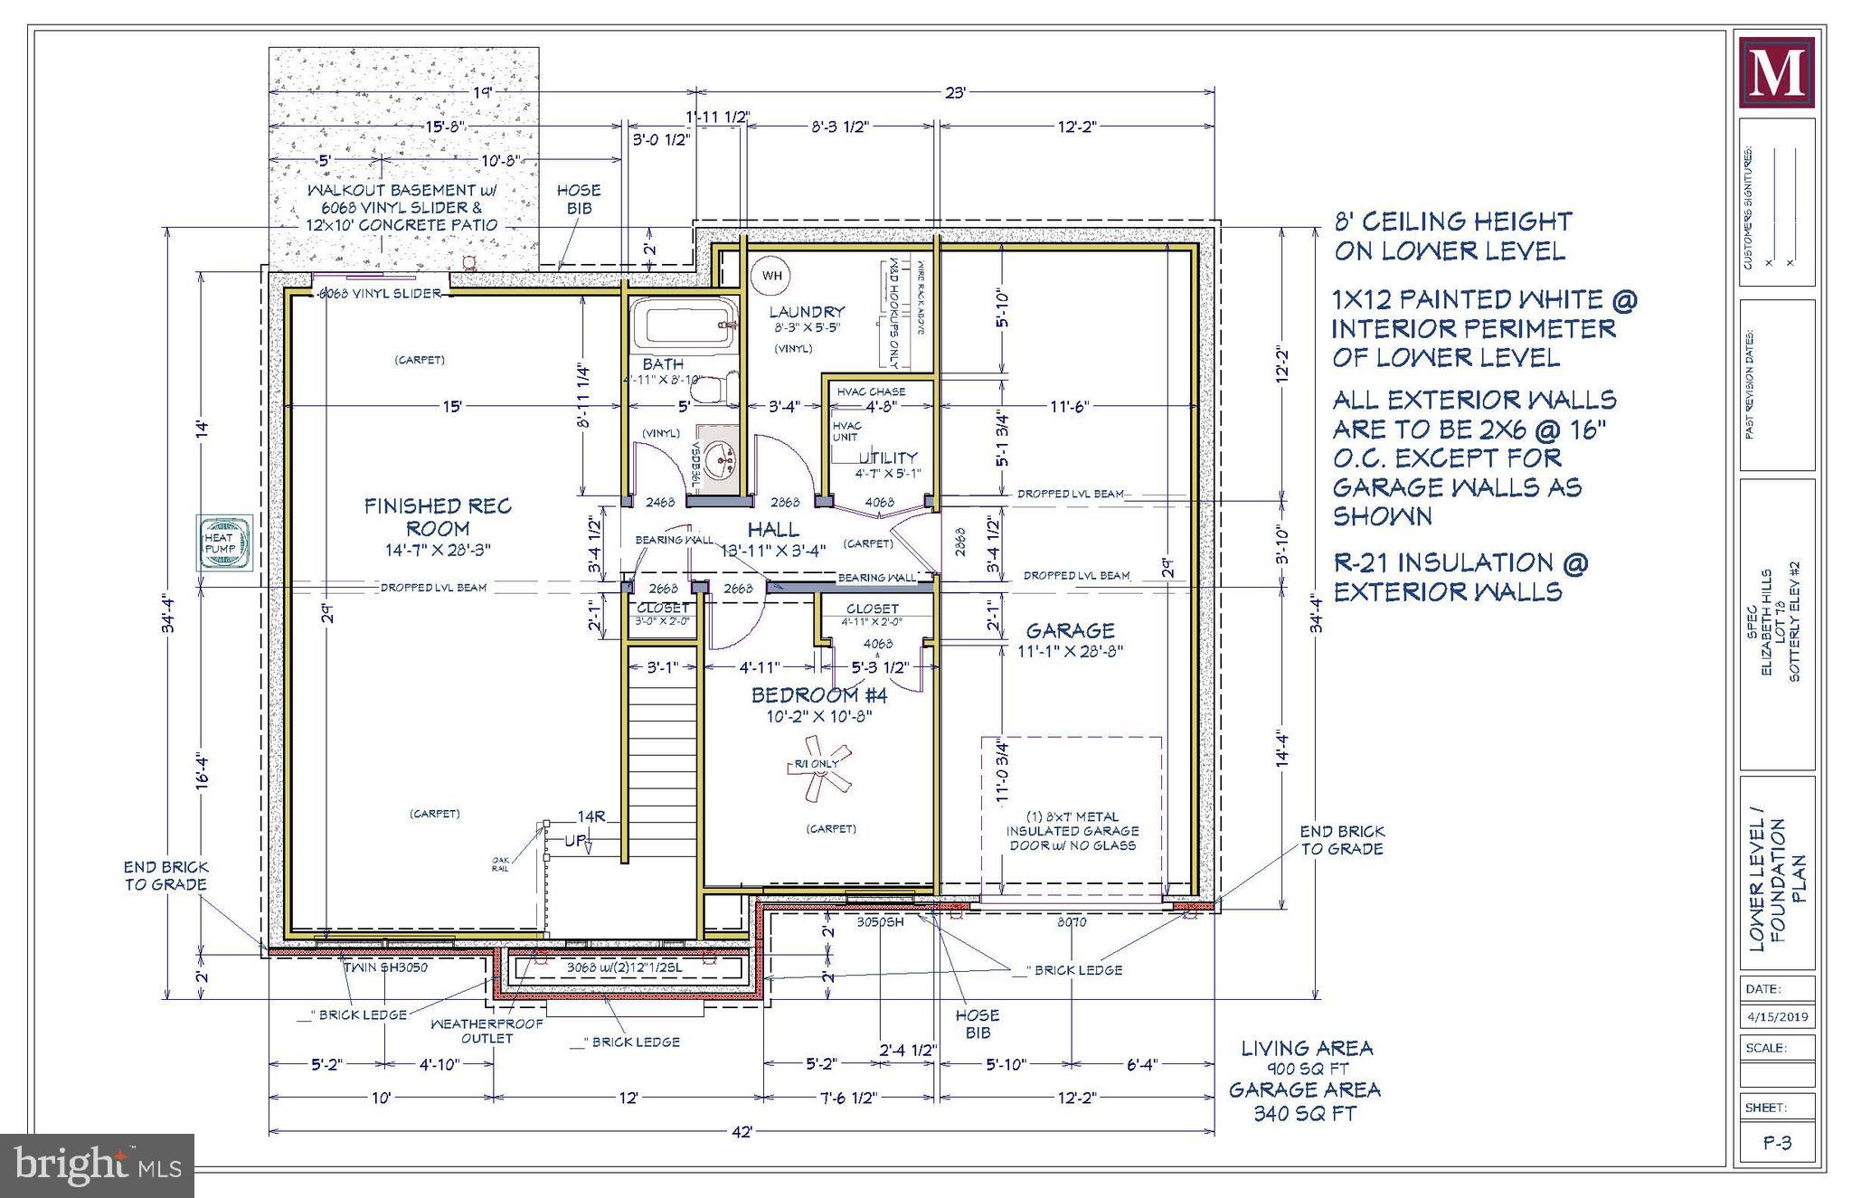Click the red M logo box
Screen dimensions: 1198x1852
(x=1776, y=73)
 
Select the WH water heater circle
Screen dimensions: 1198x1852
(x=771, y=276)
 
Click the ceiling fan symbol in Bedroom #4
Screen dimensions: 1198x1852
(x=819, y=768)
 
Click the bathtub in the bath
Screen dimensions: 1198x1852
(x=683, y=325)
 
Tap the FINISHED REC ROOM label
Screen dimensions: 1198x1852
(x=438, y=517)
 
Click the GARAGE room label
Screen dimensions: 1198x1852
(x=1070, y=630)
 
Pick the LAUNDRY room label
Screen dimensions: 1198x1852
(x=806, y=312)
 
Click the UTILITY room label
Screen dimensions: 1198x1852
(x=887, y=458)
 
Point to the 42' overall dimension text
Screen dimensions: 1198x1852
(x=742, y=1131)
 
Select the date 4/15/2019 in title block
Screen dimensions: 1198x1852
(x=1776, y=1016)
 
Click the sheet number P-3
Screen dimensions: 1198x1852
(x=1776, y=1143)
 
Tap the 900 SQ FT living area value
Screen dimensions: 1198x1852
(x=1304, y=1068)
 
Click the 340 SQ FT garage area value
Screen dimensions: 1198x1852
(x=1304, y=1113)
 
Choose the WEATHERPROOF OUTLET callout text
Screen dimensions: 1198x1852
(x=487, y=1031)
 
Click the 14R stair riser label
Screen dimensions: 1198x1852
(x=591, y=816)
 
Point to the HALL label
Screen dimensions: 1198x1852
(x=772, y=529)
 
